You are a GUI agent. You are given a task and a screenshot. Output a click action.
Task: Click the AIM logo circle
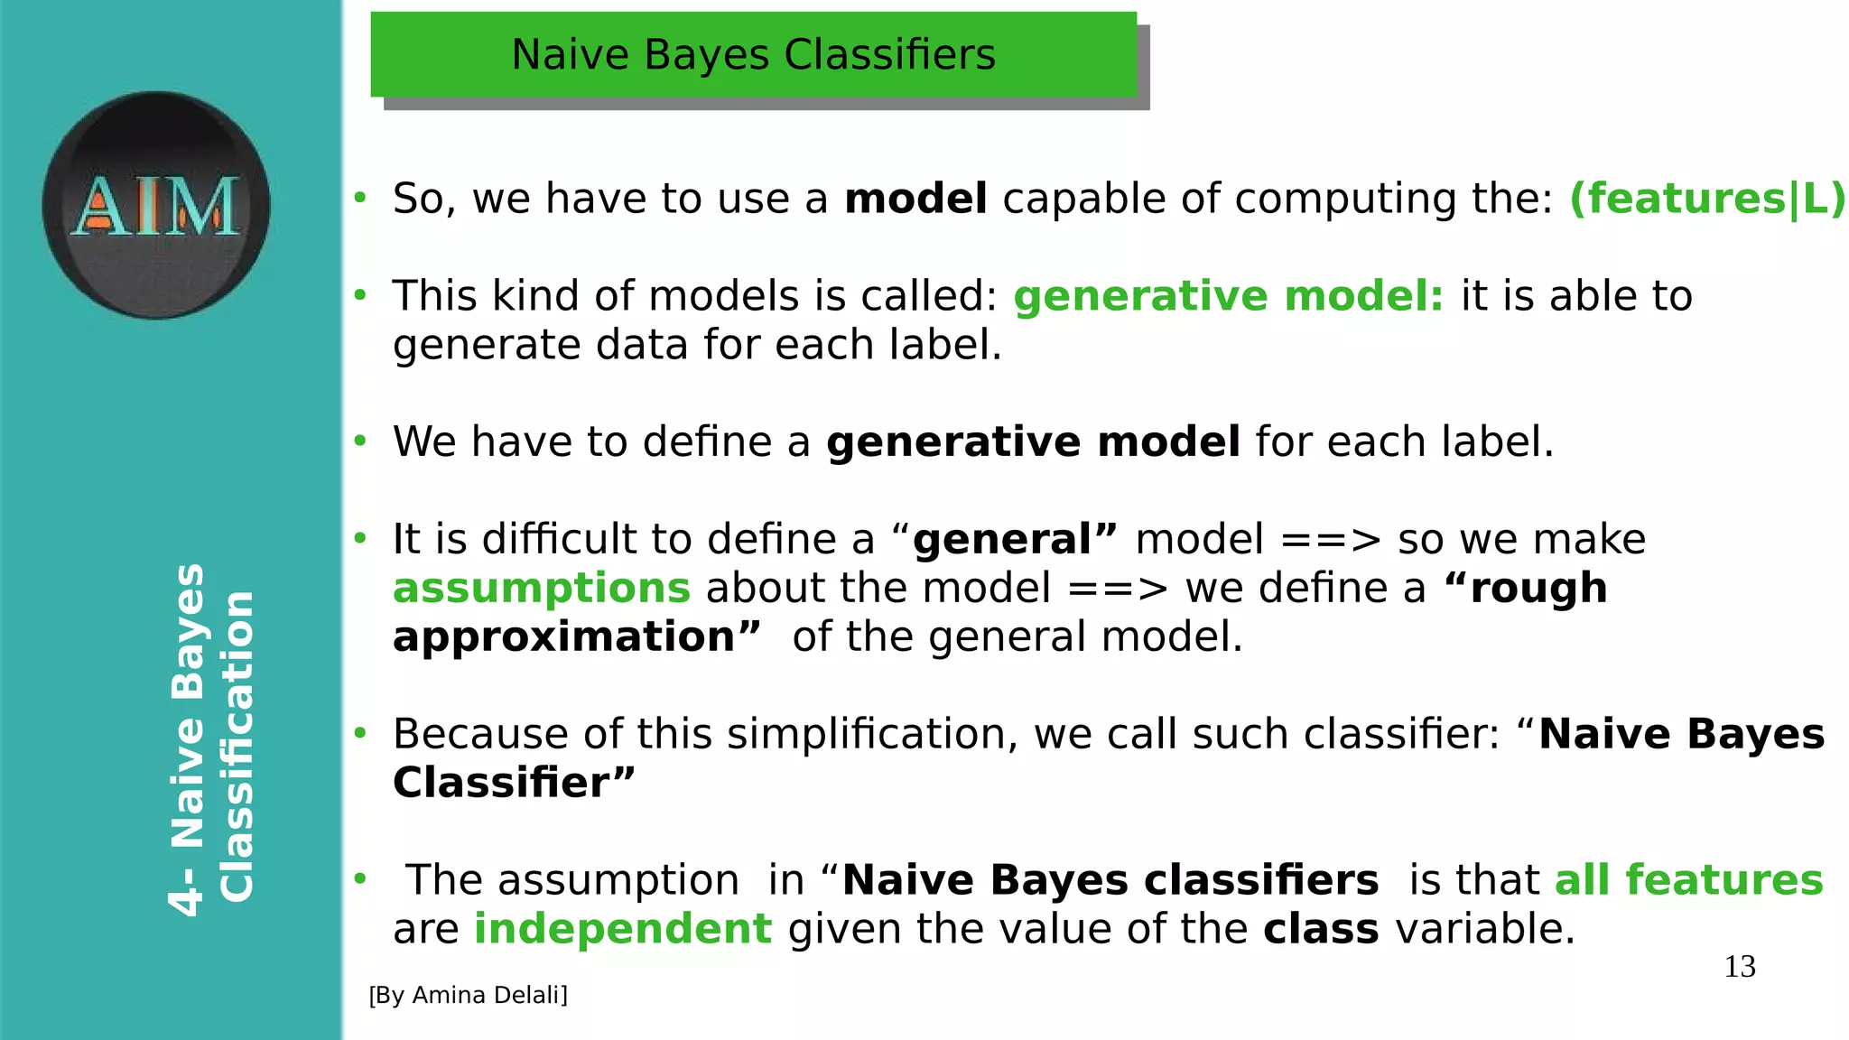156,205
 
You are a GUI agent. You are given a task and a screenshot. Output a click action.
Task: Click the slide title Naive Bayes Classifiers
753,55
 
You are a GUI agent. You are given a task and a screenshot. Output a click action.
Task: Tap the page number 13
1739,967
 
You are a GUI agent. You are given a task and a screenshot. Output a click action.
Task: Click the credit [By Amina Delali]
468,995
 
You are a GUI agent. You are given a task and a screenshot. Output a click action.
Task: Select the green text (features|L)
1707,199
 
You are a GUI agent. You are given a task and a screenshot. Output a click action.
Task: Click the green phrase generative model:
1228,296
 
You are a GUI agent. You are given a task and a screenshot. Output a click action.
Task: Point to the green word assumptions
542,589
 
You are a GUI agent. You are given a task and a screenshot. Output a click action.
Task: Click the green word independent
623,929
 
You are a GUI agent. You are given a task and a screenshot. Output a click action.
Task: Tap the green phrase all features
1688,880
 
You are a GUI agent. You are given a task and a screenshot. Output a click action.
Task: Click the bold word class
1320,929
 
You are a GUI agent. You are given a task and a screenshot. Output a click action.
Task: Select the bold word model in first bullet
915,199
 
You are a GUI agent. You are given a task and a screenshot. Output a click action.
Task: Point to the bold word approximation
564,637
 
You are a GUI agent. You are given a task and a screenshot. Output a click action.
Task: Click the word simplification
872,734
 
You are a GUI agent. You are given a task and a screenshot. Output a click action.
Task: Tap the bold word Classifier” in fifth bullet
514,783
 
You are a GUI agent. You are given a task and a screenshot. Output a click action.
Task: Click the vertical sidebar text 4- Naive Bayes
188,740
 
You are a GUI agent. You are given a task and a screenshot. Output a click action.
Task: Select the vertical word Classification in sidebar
237,747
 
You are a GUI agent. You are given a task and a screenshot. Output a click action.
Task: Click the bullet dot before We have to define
360,441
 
